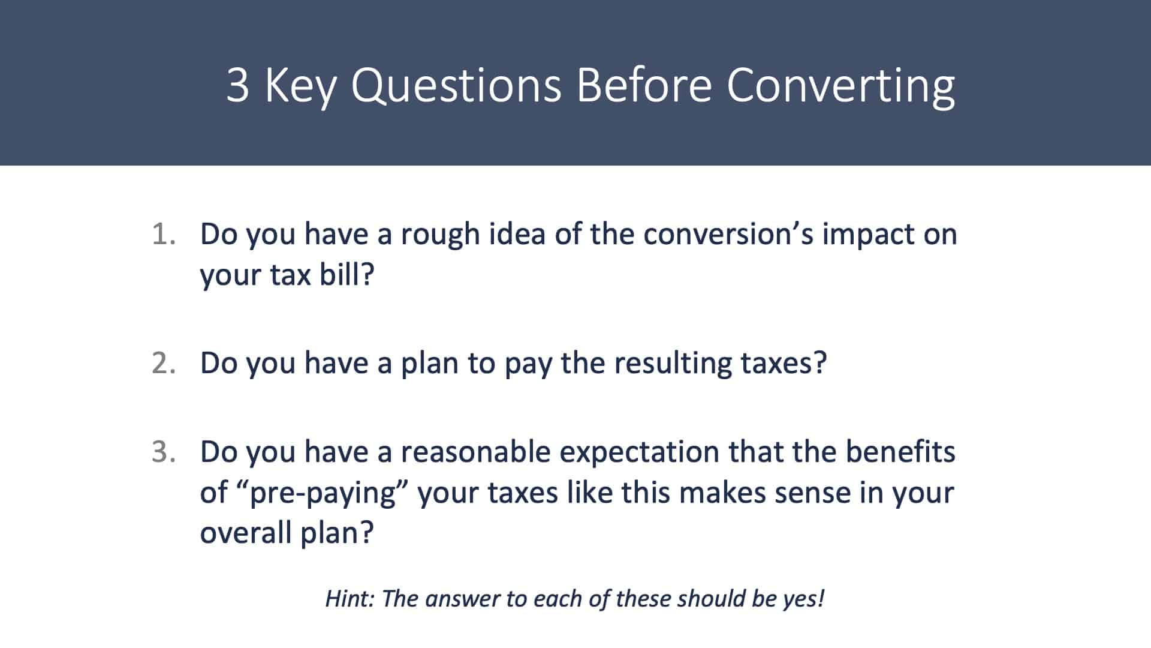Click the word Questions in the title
tap(456, 85)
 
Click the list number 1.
tap(164, 234)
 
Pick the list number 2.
tap(164, 363)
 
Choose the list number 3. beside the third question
tap(164, 452)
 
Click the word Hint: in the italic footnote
tap(350, 598)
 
